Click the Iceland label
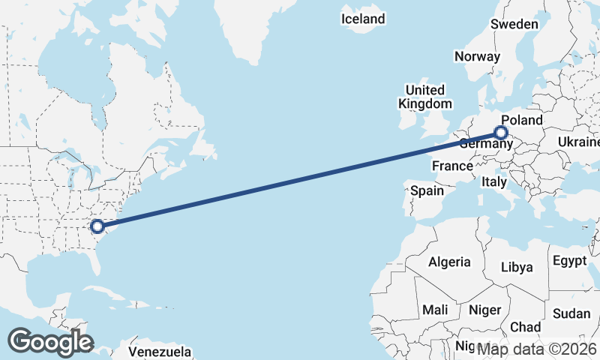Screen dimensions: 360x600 [363, 19]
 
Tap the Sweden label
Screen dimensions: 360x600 [514, 24]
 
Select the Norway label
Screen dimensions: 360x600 [477, 56]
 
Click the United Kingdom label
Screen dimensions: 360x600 [425, 97]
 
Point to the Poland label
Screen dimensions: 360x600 [521, 120]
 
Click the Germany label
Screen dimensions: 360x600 [484, 143]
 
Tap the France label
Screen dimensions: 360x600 [452, 166]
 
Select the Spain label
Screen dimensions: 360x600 [427, 191]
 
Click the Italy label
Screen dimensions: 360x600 [494, 181]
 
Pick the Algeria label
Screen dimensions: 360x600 [449, 262]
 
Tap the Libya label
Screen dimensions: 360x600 [516, 267]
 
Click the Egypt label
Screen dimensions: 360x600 [569, 261]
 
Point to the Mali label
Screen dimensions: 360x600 [435, 309]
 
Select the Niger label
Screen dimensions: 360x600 [484, 309]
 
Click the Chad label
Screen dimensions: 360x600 [525, 327]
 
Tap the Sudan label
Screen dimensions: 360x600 [571, 313]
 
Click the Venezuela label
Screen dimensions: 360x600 [160, 351]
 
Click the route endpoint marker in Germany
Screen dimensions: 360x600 [501, 133]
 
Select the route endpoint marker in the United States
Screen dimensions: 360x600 [97, 225]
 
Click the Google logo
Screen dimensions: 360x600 [50, 342]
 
